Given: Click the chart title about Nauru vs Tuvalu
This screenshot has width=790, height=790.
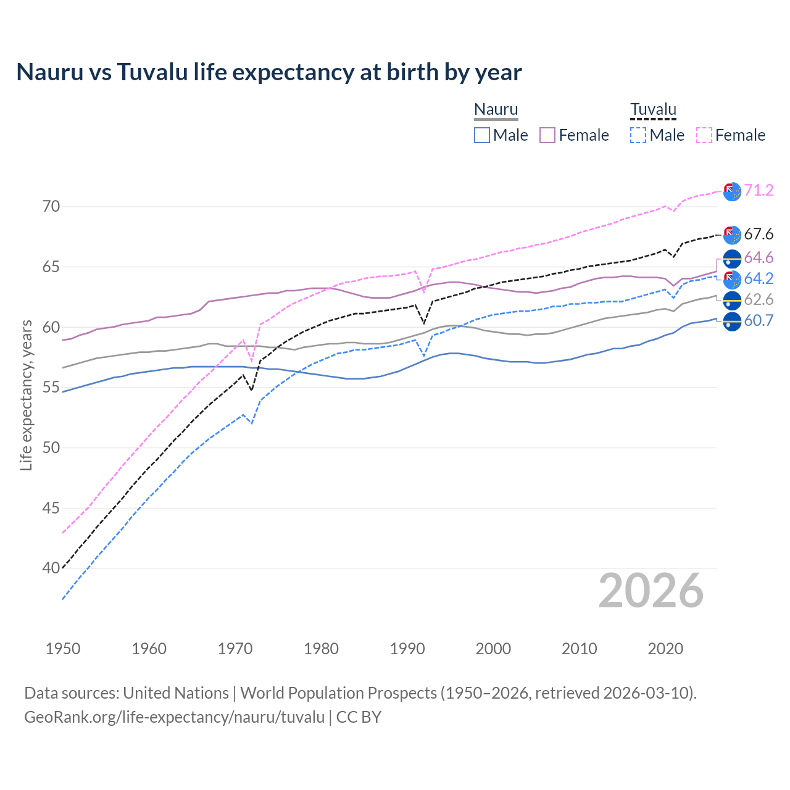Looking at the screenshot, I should tap(269, 72).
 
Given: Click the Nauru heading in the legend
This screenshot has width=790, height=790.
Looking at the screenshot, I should tap(496, 110).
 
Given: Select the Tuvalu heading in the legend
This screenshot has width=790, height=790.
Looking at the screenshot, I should tap(653, 110).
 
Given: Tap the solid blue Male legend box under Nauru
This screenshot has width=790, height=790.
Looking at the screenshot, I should tap(482, 135).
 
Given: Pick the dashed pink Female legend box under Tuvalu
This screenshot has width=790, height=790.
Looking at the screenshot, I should tap(704, 135).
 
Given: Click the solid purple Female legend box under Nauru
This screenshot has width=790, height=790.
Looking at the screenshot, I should tap(547, 135).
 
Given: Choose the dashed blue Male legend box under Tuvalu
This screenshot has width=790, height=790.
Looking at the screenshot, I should tap(638, 135).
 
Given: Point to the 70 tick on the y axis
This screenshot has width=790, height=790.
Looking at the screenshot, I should tap(51, 206).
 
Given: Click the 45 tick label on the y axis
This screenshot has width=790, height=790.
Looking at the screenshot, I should tap(51, 508).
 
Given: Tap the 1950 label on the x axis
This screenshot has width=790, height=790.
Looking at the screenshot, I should tap(63, 649).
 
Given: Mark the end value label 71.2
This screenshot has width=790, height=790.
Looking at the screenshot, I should tap(759, 191).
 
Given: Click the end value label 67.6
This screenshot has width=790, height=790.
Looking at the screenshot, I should tap(759, 235).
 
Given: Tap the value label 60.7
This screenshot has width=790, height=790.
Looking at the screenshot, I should tap(759, 321).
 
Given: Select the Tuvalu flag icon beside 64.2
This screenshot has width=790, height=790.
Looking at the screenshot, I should tap(732, 279).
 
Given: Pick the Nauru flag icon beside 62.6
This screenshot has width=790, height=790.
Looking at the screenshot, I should tap(732, 301).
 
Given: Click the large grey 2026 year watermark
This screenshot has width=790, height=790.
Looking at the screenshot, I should tap(651, 591).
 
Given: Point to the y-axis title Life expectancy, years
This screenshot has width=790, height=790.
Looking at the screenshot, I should tap(27, 395).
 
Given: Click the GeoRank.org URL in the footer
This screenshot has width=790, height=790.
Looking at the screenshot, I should tap(174, 717).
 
